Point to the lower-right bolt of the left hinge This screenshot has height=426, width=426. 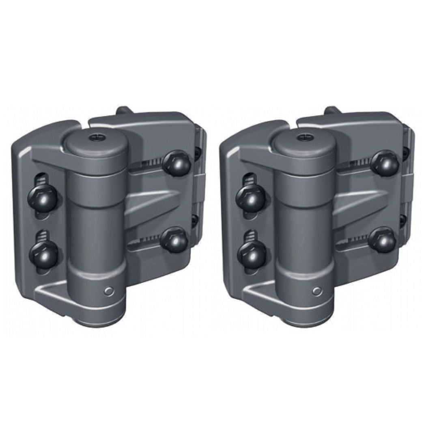tap(173, 240)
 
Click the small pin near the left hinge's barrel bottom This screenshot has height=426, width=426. tap(108, 291)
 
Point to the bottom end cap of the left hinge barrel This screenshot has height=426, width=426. tap(97, 321)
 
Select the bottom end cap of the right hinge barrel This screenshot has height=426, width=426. tap(306, 321)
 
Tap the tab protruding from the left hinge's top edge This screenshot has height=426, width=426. tap(124, 110)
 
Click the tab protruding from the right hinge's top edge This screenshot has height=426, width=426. tap(331, 110)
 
